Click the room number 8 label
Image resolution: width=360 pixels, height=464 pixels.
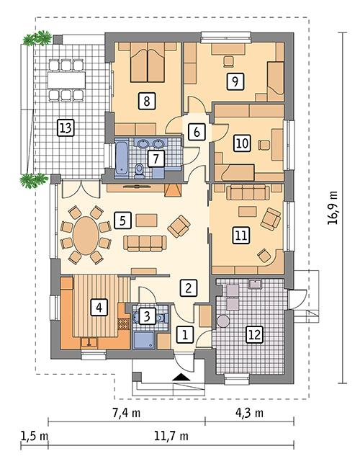pos(147,101)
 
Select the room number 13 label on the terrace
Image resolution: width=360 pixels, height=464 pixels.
pos(66,128)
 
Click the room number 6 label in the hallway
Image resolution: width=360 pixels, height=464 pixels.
pos(196,131)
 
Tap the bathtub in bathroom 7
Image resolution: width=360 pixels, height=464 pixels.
pos(120,154)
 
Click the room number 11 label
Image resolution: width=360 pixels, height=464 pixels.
pos(240,234)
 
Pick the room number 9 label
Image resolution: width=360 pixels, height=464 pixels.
pos(232,81)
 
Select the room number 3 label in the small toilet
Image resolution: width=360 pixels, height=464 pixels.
pos(146,315)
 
